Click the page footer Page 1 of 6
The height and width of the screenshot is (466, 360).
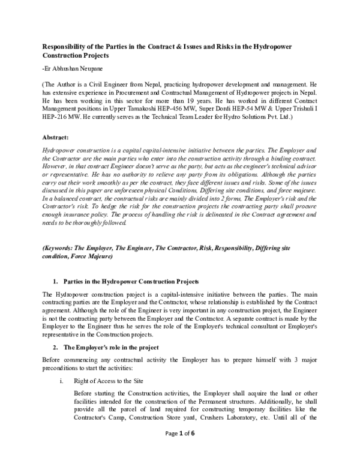(180, 452)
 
